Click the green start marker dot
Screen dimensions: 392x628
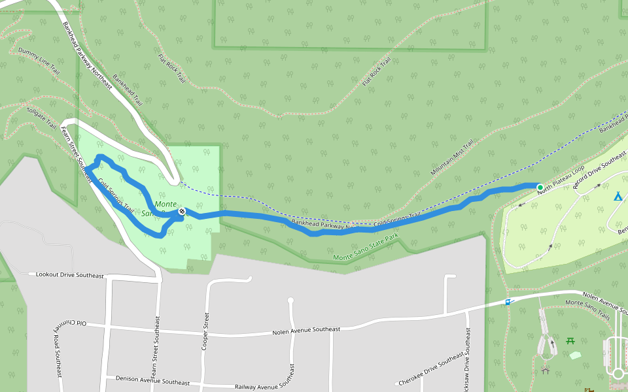coord(540,188)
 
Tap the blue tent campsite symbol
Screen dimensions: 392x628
coord(617,196)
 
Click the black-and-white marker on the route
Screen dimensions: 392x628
coord(181,212)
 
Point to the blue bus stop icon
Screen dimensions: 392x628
coord(508,302)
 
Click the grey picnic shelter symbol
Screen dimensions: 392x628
coord(545,370)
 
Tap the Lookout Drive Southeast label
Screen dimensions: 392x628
coord(70,275)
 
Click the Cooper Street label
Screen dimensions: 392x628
coord(205,331)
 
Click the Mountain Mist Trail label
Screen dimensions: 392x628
coord(451,159)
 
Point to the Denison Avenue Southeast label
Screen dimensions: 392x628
coord(152,380)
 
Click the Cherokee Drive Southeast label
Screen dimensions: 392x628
coord(431,372)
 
